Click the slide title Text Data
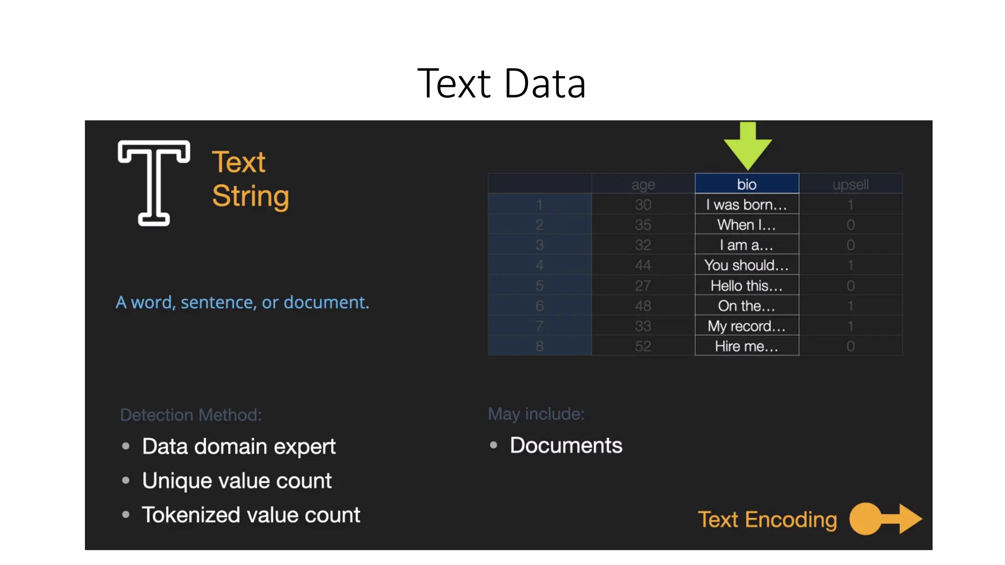[x=502, y=83]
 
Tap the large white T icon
[x=154, y=182]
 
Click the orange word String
[x=250, y=196]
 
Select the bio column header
[x=746, y=184]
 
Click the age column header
[x=643, y=184]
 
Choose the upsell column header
[x=850, y=184]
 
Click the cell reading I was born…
[x=746, y=205]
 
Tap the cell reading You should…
[x=746, y=265]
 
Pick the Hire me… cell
[x=746, y=346]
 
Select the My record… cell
[x=746, y=326]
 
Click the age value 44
[x=643, y=265]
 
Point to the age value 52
[x=643, y=346]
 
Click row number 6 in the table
[x=539, y=306]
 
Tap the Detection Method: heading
[x=191, y=415]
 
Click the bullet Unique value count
[x=237, y=481]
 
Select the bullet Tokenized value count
[x=251, y=515]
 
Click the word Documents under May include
[x=566, y=445]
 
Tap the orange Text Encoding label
[x=767, y=519]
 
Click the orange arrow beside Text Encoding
[x=886, y=518]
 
